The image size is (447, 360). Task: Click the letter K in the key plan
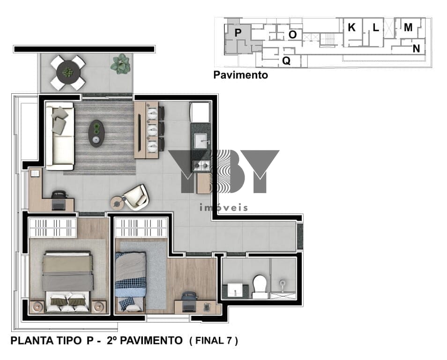[351, 27]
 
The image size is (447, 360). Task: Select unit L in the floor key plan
[376, 28]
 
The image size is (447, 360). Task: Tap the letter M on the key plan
[408, 27]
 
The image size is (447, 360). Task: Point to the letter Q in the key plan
[286, 60]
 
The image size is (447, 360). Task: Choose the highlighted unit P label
[238, 33]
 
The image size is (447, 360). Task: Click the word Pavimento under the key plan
[241, 75]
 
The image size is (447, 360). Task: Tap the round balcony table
[68, 73]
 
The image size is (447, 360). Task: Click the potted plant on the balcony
[120, 64]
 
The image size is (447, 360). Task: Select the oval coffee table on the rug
[97, 134]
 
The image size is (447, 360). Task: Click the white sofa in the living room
[60, 136]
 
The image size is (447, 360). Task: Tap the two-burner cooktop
[201, 165]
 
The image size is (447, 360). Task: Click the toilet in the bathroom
[260, 286]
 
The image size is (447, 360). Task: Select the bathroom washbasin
[235, 291]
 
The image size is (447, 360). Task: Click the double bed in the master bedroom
[68, 281]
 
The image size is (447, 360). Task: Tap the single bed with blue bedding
[130, 281]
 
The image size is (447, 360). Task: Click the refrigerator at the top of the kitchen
[201, 112]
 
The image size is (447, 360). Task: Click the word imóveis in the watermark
[224, 207]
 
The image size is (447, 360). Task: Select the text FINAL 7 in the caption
[214, 341]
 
